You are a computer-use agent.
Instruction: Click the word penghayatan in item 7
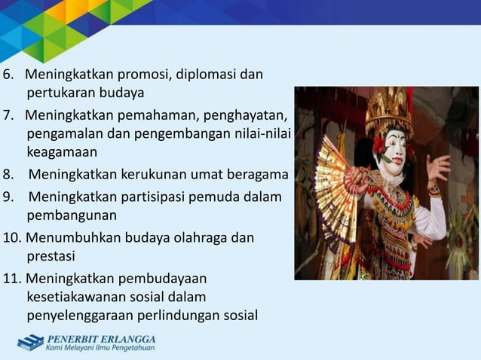coord(247,116)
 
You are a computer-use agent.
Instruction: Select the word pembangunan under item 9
coord(66,216)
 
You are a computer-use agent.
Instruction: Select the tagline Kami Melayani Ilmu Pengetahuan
coord(100,348)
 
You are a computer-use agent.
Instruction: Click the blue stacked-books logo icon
coord(30,343)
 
